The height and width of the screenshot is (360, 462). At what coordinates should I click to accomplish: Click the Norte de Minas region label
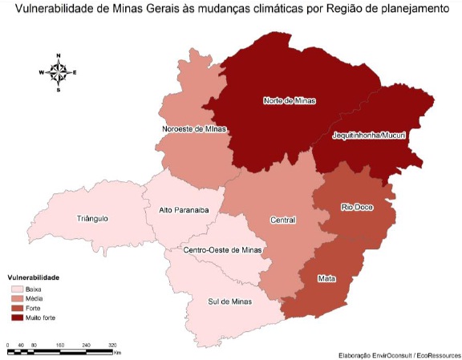pyautogui.click(x=290, y=101)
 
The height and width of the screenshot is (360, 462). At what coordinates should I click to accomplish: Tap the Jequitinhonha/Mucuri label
pyautogui.click(x=370, y=137)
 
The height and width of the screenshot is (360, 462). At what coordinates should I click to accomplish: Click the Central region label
pyautogui.click(x=283, y=220)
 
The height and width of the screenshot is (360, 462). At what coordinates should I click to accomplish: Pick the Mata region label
pyautogui.click(x=326, y=277)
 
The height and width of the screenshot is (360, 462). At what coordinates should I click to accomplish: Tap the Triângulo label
pyautogui.click(x=93, y=218)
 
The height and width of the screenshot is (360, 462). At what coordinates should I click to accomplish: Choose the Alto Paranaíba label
pyautogui.click(x=184, y=210)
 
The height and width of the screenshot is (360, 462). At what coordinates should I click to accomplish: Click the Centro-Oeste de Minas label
pyautogui.click(x=222, y=250)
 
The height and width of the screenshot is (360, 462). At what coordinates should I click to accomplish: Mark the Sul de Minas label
pyautogui.click(x=229, y=301)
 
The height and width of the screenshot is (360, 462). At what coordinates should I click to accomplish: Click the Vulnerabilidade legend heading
pyautogui.click(x=34, y=277)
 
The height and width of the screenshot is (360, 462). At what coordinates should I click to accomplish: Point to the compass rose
pyautogui.click(x=58, y=72)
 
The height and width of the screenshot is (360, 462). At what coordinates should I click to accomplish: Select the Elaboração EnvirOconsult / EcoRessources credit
pyautogui.click(x=395, y=354)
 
